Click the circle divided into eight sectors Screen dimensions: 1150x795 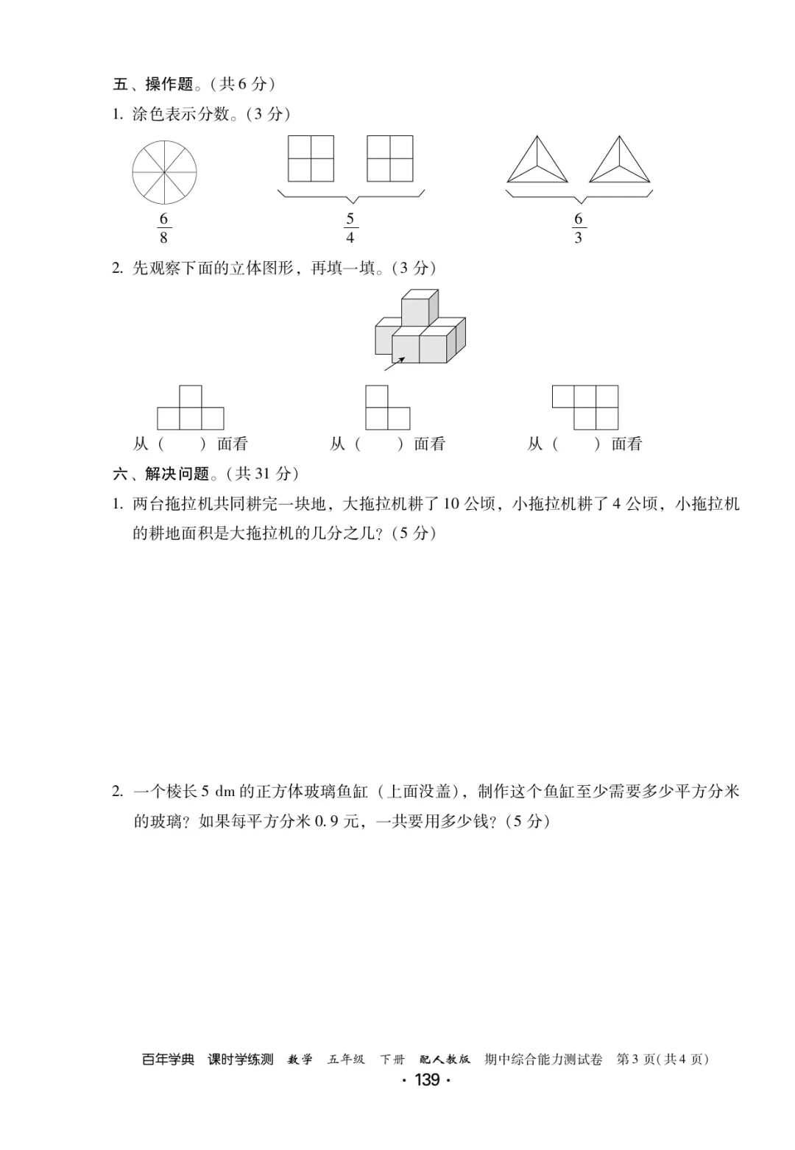tap(164, 172)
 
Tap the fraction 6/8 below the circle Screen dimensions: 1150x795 tap(163, 228)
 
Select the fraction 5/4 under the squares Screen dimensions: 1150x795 tap(350, 228)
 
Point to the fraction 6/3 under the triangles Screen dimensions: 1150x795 tap(578, 228)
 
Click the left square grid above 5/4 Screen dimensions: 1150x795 tap(311, 158)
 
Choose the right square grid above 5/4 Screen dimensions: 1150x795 tap(389, 158)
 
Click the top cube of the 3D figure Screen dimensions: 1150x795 tap(419, 308)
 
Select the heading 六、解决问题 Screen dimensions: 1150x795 tap(161, 474)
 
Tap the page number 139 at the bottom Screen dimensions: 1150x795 tap(427, 1080)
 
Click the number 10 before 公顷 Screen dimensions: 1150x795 tap(452, 504)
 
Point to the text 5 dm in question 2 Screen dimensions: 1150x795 tap(217, 792)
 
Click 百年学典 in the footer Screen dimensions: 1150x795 tap(168, 1060)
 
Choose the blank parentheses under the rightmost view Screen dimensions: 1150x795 tap(576, 444)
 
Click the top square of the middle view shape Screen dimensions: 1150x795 tap(377, 397)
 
